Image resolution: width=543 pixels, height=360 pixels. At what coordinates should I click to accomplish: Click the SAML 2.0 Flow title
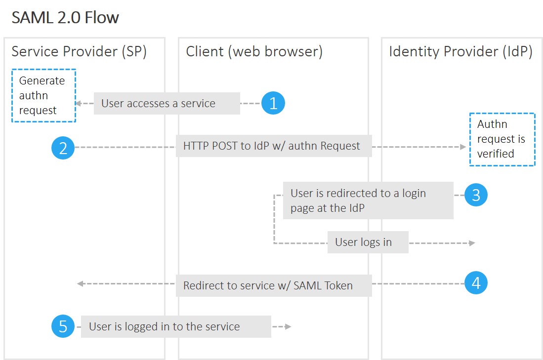coord(65,18)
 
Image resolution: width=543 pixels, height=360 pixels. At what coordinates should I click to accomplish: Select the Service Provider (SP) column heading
coord(79,51)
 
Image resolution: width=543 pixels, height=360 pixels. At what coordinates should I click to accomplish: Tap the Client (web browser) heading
coord(254,51)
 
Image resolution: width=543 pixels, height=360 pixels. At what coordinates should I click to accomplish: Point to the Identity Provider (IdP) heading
coord(460,51)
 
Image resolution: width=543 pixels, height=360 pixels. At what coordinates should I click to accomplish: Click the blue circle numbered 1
coord(273,103)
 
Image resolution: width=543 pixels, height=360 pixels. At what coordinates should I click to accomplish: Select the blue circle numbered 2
coord(63,148)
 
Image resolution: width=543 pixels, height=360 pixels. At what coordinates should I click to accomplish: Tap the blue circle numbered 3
coord(476,195)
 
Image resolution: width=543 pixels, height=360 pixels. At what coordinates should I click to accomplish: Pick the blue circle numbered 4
coord(476,283)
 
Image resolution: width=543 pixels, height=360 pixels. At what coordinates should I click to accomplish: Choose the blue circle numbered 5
coord(63,326)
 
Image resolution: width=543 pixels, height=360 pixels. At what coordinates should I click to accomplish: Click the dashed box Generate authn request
coord(43,95)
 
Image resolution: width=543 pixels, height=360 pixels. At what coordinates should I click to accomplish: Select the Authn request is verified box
coord(502,139)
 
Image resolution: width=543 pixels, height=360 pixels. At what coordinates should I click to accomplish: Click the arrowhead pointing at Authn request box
coord(463,147)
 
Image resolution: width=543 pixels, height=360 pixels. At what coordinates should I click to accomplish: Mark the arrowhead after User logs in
coord(472,243)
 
